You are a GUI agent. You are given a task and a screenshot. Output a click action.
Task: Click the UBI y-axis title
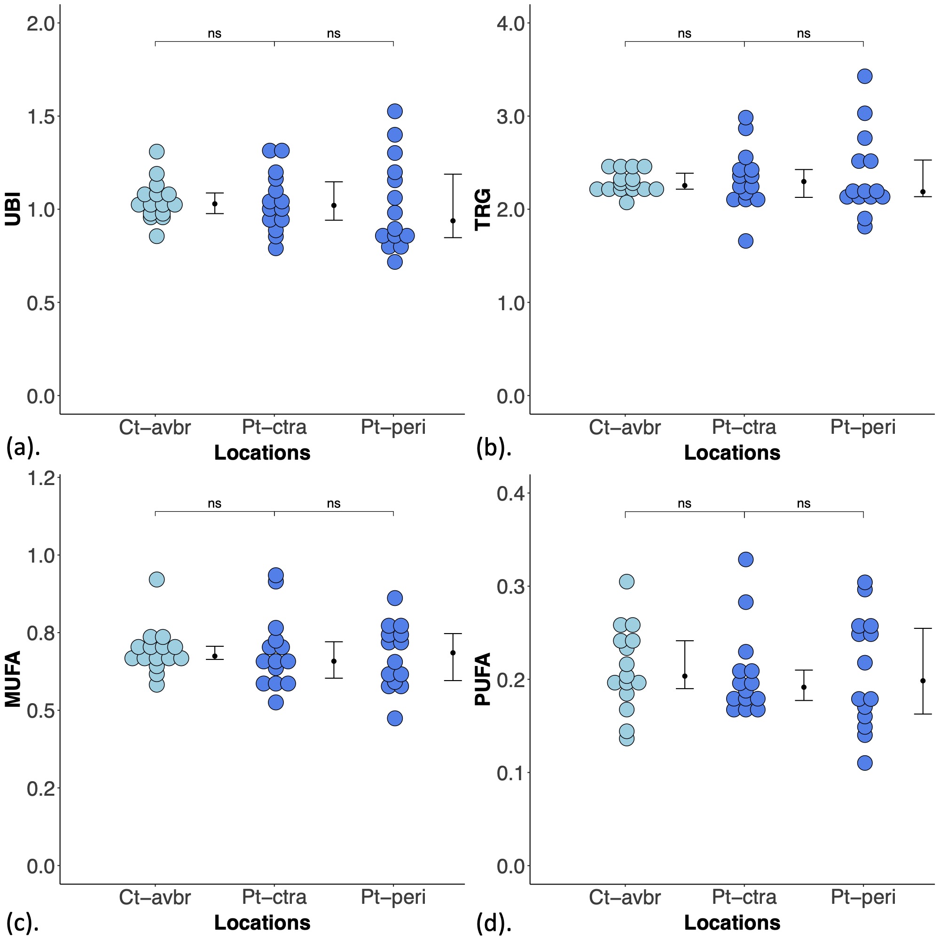click(13, 210)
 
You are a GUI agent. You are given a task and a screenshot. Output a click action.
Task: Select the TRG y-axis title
click(483, 210)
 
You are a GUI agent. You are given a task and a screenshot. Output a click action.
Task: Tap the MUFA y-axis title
click(13, 679)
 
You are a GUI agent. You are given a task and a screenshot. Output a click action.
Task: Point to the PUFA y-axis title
click(483, 679)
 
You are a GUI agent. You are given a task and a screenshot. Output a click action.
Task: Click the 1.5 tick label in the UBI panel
click(41, 116)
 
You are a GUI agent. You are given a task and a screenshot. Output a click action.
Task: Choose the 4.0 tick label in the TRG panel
click(511, 23)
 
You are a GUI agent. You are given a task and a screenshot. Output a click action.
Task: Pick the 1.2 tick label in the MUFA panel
click(41, 479)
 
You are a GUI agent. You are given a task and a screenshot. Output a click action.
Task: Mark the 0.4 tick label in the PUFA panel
click(511, 493)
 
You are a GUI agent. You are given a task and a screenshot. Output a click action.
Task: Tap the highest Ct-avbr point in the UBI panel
click(157, 151)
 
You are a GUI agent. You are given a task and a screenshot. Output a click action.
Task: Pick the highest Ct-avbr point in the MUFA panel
click(157, 580)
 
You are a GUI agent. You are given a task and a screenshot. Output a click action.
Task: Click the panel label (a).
click(23, 447)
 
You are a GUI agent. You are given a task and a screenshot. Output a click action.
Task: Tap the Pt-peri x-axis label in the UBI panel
click(393, 427)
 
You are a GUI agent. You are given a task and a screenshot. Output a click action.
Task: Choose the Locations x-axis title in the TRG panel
click(732, 453)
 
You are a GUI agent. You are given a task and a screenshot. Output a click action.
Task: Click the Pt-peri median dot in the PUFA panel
click(923, 681)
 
